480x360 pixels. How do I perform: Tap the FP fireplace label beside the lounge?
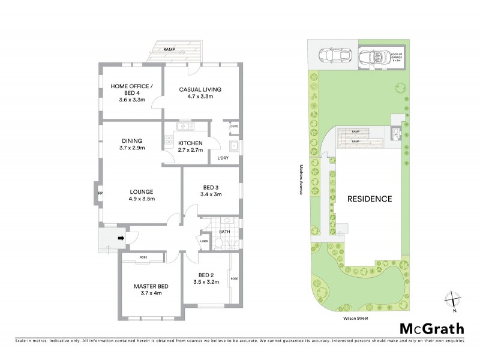[x=100, y=193]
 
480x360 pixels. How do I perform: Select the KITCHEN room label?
[x=190, y=143]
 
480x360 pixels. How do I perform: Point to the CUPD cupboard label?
[x=233, y=127]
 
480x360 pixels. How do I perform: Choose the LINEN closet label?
[x=204, y=242]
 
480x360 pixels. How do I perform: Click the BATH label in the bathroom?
[x=224, y=231]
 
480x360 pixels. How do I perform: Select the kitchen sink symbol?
[x=183, y=127]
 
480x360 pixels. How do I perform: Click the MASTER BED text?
[x=151, y=286]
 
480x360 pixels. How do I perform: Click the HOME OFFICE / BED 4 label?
[x=131, y=89]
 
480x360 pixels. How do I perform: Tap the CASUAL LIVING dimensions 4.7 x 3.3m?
[x=200, y=97]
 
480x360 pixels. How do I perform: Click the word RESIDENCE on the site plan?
[x=369, y=199]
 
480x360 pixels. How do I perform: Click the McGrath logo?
[x=431, y=328]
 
